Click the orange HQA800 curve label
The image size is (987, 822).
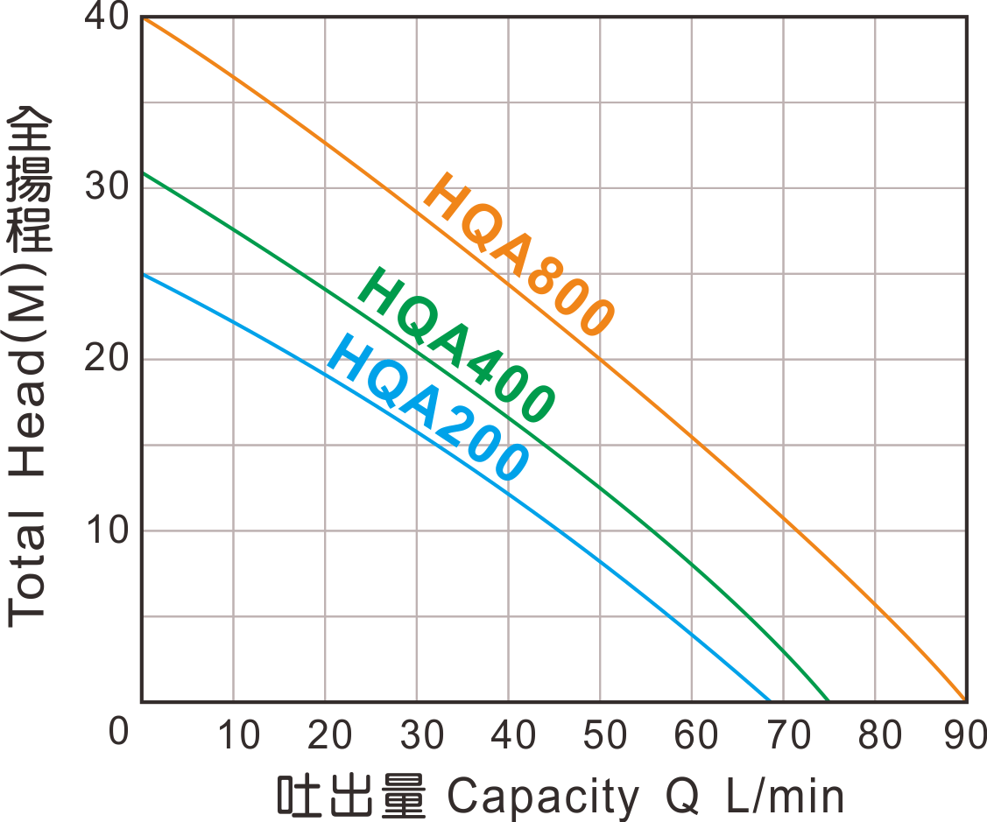click(518, 254)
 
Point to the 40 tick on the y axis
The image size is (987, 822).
click(107, 18)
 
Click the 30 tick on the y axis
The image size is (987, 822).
click(107, 187)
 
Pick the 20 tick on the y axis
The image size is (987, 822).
click(107, 360)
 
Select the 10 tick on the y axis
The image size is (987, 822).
click(107, 530)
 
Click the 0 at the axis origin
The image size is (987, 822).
click(119, 732)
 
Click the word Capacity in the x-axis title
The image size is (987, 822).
click(543, 797)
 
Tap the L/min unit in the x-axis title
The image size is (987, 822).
click(786, 797)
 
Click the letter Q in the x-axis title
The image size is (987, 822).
click(681, 797)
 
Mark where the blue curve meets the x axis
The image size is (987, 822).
click(769, 700)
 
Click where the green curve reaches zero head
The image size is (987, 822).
click(828, 700)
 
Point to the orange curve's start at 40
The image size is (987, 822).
click(144, 18)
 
